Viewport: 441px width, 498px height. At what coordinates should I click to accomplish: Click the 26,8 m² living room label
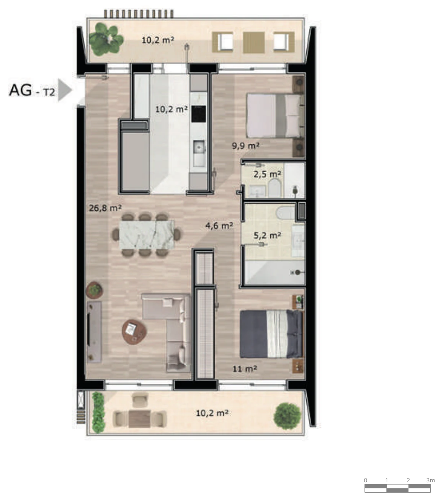coord(105,208)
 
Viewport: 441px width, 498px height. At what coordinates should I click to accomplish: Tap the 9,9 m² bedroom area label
coord(245,146)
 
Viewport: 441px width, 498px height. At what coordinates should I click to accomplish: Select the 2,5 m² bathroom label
coord(267,174)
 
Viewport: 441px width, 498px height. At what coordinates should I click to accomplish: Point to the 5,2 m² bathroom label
coord(267,235)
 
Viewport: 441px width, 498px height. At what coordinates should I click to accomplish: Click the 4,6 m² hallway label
coord(219,225)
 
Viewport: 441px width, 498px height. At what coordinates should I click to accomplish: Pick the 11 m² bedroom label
coord(245,369)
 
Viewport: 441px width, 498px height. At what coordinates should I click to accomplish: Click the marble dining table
coord(147,235)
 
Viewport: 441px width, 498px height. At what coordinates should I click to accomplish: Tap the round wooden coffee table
coord(134,332)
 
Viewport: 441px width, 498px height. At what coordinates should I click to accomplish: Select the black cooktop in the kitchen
coord(199,114)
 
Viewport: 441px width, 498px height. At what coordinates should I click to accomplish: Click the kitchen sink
coord(199,147)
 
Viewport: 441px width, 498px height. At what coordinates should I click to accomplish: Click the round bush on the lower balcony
coord(287,416)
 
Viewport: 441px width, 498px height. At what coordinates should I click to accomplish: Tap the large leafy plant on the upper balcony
coord(106,39)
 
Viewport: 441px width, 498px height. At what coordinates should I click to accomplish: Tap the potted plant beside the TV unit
coord(95,290)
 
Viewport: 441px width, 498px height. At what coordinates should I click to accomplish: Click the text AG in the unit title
coord(20,90)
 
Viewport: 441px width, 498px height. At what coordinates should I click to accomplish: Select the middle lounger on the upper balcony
coord(254,42)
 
